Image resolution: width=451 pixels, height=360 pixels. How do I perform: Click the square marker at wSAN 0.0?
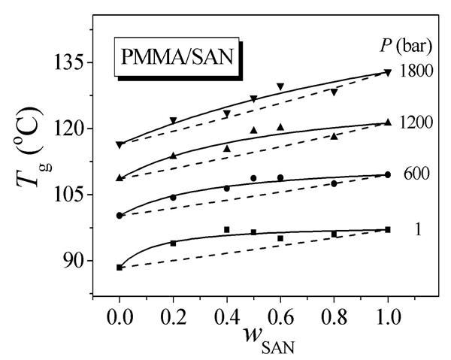point(120,267)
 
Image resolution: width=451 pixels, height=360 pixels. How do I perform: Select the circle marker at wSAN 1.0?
point(388,174)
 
